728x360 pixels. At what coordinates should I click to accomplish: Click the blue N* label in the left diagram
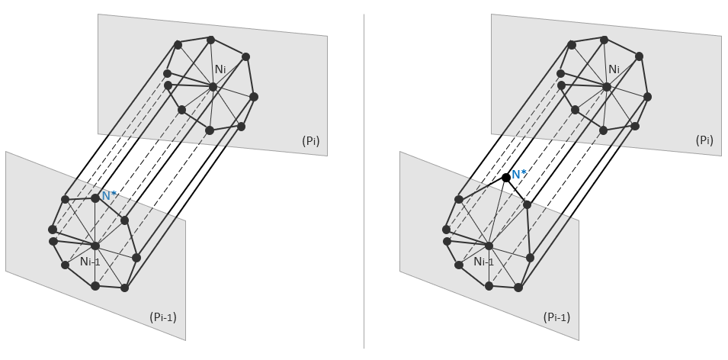tap(110, 195)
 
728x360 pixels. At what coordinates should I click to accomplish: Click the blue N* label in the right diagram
tap(520, 175)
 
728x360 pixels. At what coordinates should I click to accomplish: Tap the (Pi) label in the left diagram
tap(311, 140)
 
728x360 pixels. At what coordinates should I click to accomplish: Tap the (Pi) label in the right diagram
tap(704, 140)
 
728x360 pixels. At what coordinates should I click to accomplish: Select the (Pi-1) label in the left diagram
tap(163, 317)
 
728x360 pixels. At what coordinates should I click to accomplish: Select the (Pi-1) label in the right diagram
tap(556, 317)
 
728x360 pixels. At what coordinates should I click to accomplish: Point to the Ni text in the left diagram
tap(220, 69)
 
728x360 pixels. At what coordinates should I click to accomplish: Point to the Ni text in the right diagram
tap(614, 69)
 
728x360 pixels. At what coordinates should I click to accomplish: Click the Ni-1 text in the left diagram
tap(90, 262)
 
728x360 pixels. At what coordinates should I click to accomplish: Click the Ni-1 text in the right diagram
tap(483, 262)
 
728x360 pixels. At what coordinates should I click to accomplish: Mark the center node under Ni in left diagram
tap(213, 87)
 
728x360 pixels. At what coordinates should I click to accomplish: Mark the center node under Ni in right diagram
tap(607, 87)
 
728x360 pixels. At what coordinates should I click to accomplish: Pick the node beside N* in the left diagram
tap(95, 198)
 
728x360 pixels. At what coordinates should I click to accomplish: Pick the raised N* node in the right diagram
tap(506, 178)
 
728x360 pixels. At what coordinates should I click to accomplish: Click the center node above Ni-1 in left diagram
tap(95, 246)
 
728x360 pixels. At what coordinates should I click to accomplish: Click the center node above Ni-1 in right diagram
tap(489, 246)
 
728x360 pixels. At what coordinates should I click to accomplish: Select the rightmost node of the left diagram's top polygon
tap(254, 97)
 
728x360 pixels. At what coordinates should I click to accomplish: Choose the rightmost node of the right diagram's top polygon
tap(647, 97)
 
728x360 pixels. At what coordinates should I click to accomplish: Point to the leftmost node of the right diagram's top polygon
tap(560, 74)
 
